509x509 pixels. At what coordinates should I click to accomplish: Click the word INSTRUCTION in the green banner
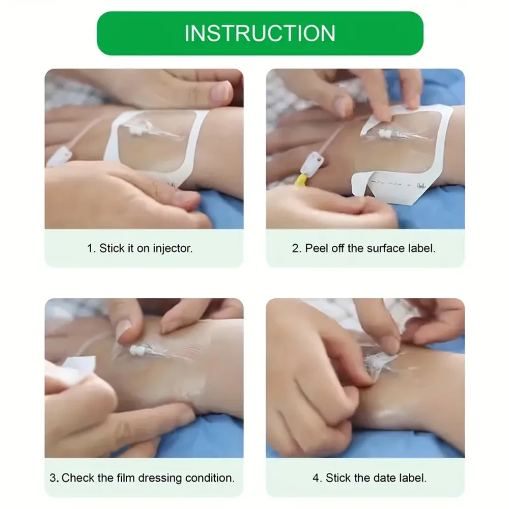tap(260, 33)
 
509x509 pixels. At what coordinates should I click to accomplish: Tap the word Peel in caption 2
tap(317, 248)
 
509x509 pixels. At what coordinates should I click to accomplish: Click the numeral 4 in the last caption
tap(317, 478)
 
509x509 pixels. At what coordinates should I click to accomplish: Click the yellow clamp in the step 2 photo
tap(301, 180)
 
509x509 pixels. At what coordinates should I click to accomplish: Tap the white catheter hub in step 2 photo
tap(385, 133)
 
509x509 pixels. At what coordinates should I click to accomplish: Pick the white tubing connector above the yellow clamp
tap(313, 163)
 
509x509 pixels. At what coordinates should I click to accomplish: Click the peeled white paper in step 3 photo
tap(75, 369)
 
